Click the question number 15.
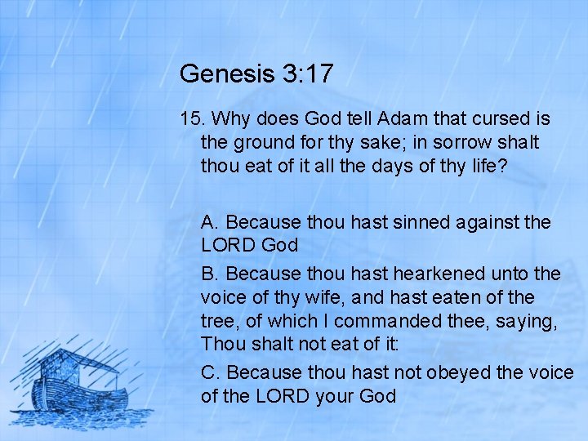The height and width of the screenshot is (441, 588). (x=192, y=119)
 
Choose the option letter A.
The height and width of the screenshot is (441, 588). (x=209, y=222)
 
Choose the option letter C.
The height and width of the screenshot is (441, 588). (x=210, y=372)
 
